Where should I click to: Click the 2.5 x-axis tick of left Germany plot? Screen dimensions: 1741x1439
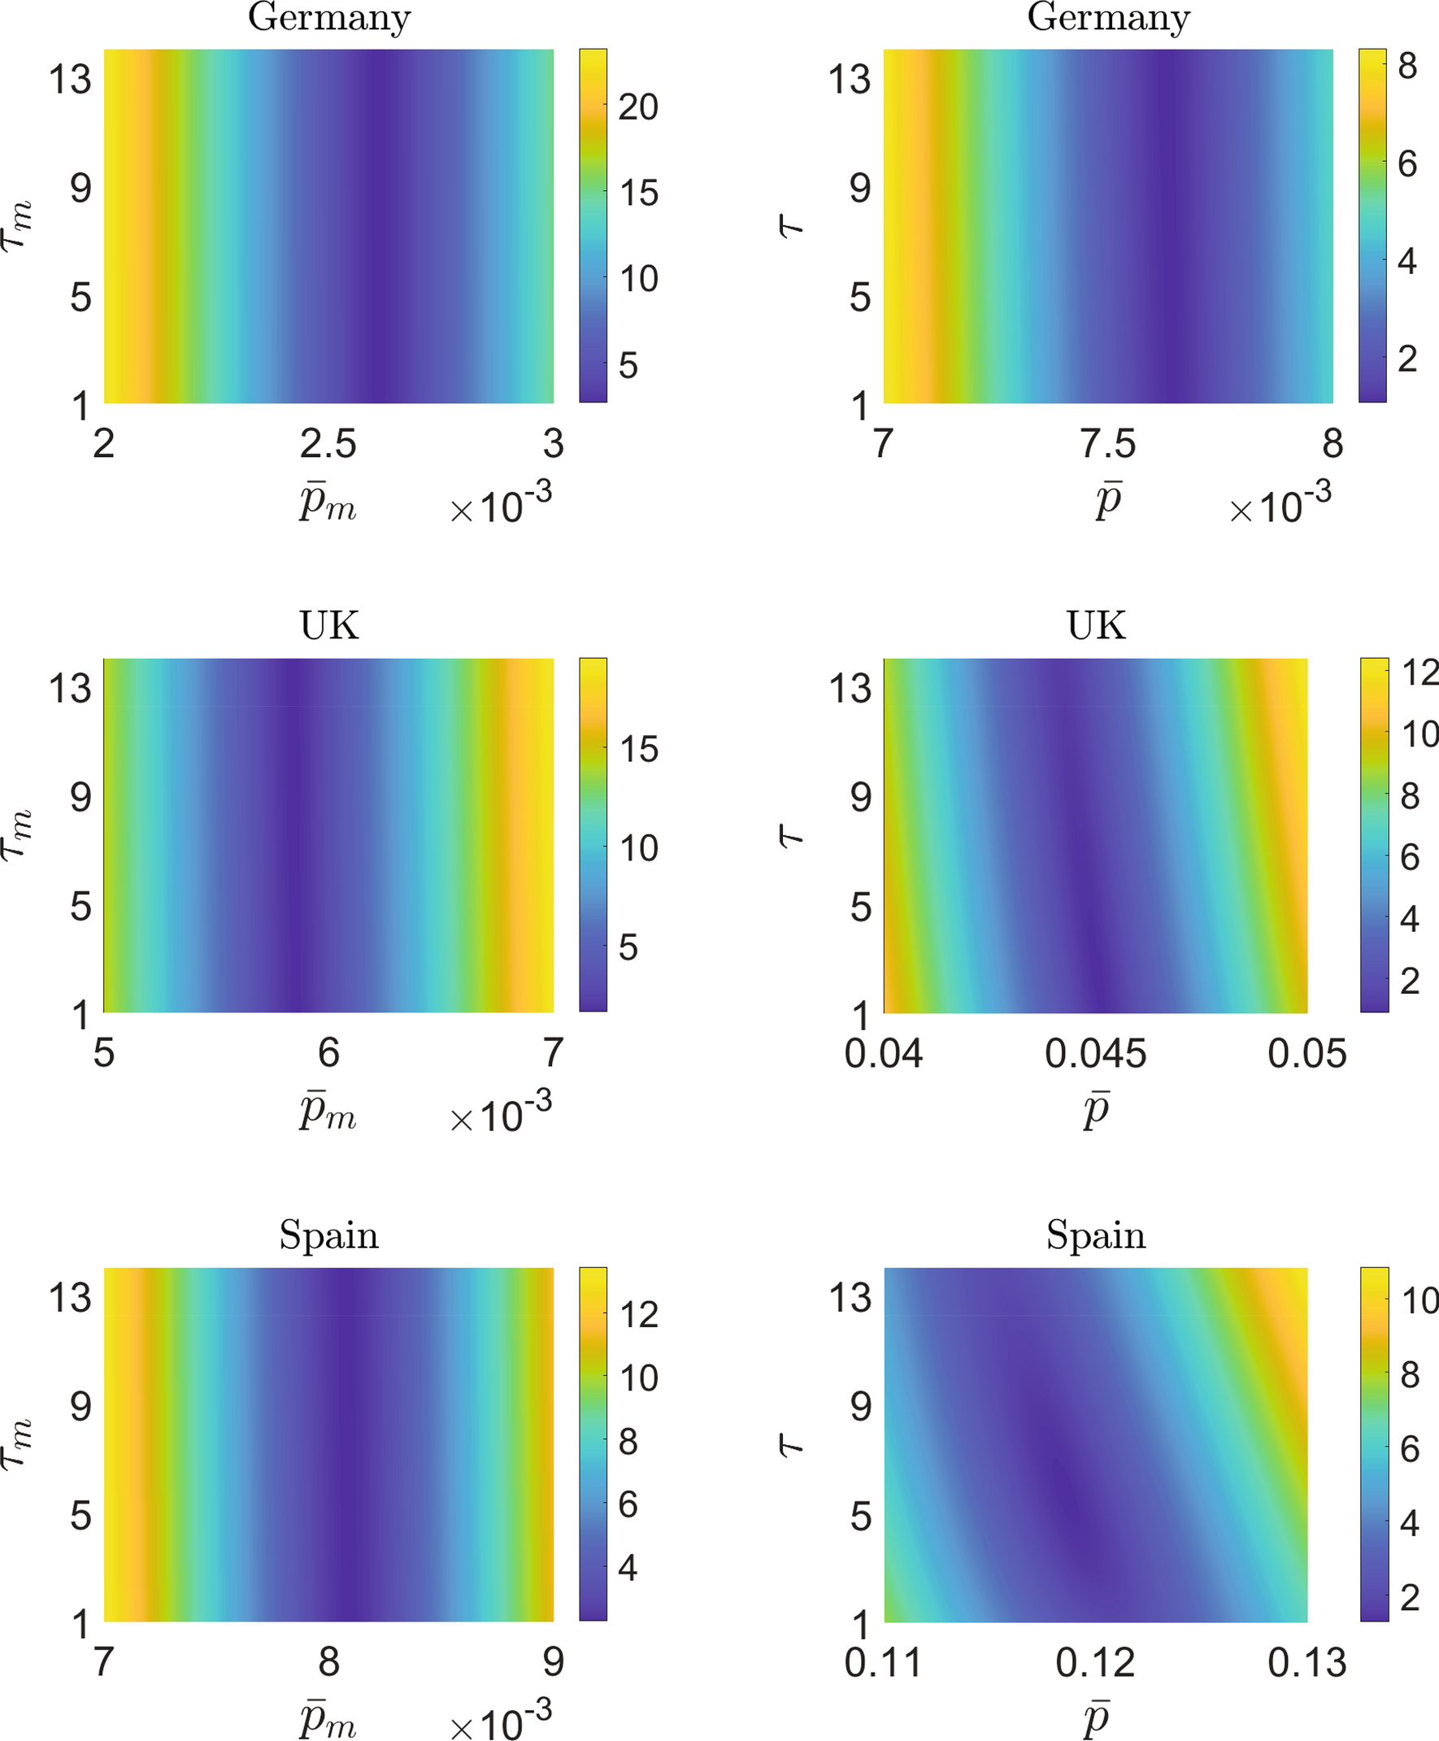[328, 444]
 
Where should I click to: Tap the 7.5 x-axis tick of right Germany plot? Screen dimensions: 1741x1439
[1108, 444]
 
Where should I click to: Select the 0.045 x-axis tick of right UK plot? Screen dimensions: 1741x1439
[1095, 1054]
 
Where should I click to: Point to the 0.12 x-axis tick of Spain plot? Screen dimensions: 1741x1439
[1095, 1663]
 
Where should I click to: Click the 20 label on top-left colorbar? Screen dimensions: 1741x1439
[637, 107]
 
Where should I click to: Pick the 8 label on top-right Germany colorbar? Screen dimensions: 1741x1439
[1407, 67]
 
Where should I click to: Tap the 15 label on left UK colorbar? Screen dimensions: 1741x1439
[637, 750]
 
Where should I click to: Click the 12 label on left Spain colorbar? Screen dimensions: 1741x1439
[637, 1315]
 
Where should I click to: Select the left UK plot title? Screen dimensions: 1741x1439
[329, 626]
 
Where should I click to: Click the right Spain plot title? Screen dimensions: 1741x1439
[1095, 1235]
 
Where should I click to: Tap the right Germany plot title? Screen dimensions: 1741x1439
[1108, 17]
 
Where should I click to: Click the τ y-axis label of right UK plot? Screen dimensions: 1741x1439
[793, 836]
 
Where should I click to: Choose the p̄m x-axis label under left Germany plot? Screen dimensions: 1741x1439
[328, 503]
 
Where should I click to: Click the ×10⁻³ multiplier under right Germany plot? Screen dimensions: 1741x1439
[1280, 503]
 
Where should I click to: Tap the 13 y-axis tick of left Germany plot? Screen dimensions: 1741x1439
[70, 80]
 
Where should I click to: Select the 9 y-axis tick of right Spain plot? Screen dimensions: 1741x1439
[860, 1407]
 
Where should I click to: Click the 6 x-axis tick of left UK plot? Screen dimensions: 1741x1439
[328, 1054]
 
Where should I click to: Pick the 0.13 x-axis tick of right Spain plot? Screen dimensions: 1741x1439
[1306, 1663]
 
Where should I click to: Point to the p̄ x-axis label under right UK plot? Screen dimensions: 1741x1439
[1096, 1112]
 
